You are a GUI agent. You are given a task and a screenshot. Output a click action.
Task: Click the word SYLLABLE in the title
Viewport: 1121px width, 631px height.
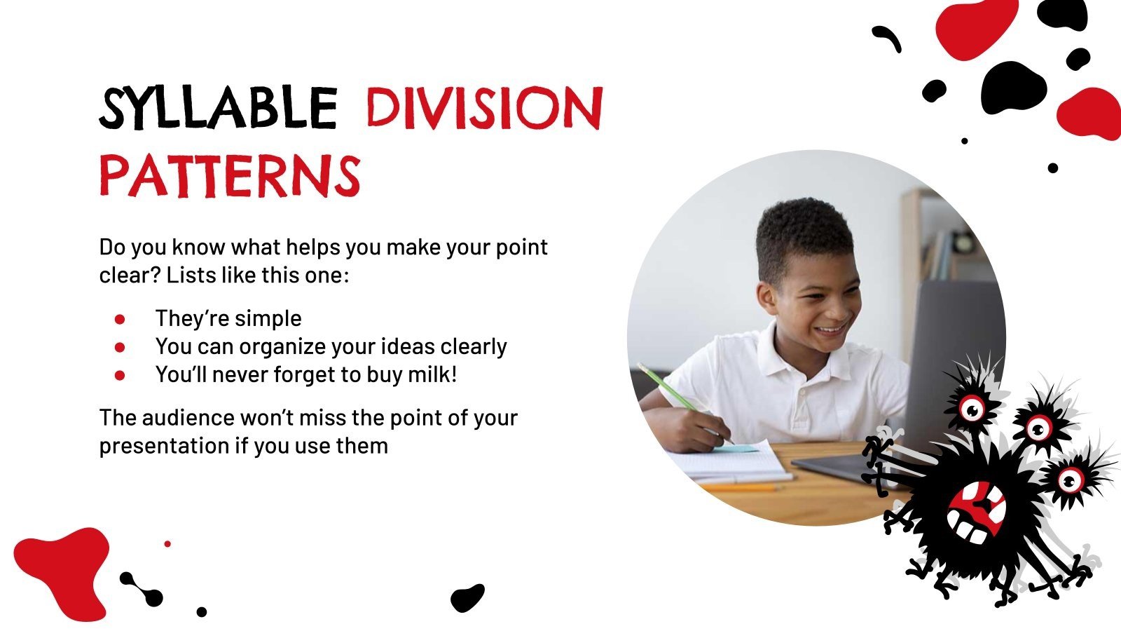[x=218, y=109]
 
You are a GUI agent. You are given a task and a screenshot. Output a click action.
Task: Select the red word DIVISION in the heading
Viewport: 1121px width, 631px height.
[x=484, y=109]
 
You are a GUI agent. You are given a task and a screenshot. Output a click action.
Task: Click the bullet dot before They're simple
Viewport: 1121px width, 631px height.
[x=120, y=319]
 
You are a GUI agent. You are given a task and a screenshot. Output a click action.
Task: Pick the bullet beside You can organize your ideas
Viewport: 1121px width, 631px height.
[x=120, y=347]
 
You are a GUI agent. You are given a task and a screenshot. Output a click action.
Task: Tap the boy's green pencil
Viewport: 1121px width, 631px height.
[x=673, y=393]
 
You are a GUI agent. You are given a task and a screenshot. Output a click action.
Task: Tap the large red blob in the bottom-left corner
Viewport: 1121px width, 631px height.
[x=63, y=568]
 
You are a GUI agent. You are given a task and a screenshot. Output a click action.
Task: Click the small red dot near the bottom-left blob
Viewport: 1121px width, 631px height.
[x=167, y=544]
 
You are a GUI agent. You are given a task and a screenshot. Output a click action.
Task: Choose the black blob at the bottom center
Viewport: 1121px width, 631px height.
[x=467, y=597]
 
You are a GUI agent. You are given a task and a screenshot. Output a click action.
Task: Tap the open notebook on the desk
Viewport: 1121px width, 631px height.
[x=729, y=463]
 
